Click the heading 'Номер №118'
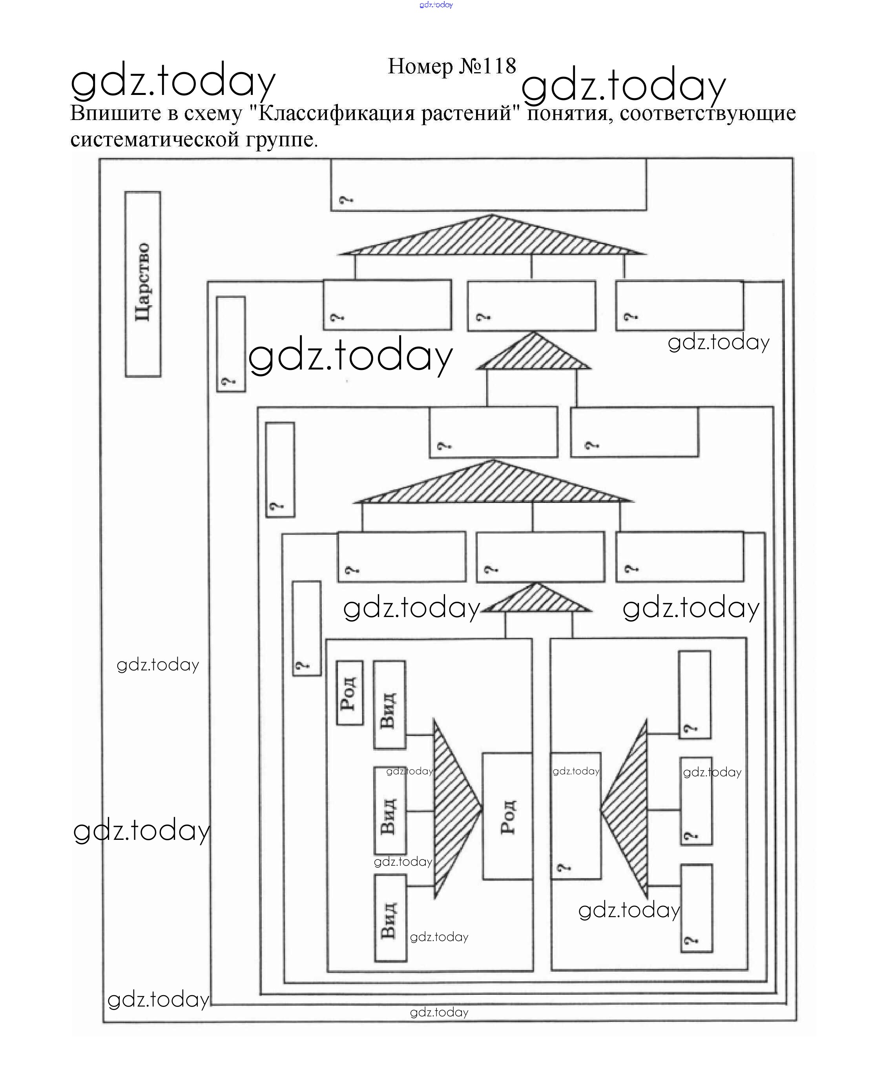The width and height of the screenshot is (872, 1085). (452, 66)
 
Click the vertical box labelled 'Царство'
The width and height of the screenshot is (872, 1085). (143, 284)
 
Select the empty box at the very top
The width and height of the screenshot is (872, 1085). (488, 184)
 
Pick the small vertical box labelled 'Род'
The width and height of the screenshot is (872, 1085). (349, 694)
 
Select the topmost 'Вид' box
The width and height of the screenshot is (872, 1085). (389, 705)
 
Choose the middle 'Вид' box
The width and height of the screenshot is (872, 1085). (390, 811)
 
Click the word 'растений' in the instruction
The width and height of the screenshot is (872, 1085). (467, 113)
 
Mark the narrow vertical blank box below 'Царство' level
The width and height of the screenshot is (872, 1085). (231, 344)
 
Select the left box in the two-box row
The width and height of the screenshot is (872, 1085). (493, 432)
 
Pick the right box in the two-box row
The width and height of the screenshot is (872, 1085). (634, 432)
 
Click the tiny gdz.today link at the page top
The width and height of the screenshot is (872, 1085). (436, 5)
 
